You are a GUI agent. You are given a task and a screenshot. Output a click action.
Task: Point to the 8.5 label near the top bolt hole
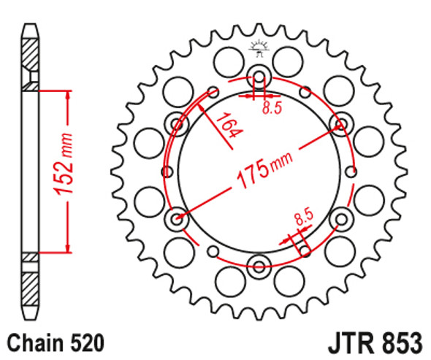click(x=271, y=108)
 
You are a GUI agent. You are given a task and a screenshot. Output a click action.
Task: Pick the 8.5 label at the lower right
click(x=303, y=218)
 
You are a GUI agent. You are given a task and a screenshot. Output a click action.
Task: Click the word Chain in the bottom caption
click(x=34, y=342)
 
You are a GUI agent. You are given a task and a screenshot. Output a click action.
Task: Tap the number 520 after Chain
click(x=85, y=342)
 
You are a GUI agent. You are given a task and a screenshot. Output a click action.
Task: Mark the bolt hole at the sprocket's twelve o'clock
click(x=259, y=75)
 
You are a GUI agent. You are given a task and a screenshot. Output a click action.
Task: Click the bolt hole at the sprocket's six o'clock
click(x=259, y=264)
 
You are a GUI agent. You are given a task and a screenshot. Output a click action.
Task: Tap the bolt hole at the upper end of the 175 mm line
click(x=340, y=122)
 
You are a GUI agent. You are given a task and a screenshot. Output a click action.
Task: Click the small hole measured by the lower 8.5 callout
click(x=305, y=250)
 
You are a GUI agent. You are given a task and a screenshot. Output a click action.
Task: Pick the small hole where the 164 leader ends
click(x=213, y=91)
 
